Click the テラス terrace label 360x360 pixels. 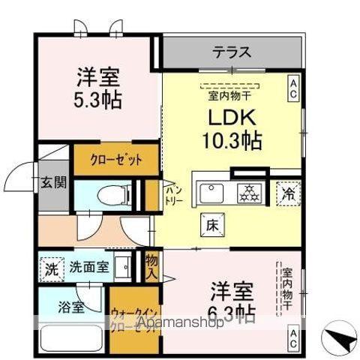click(x=231, y=54)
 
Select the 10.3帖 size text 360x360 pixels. click(x=230, y=139)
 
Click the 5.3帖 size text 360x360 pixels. click(x=98, y=98)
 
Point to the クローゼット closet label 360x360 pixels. click(x=116, y=158)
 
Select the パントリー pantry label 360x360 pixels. click(x=172, y=196)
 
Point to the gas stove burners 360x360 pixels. click(x=248, y=193)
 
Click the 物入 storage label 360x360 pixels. click(x=152, y=266)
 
